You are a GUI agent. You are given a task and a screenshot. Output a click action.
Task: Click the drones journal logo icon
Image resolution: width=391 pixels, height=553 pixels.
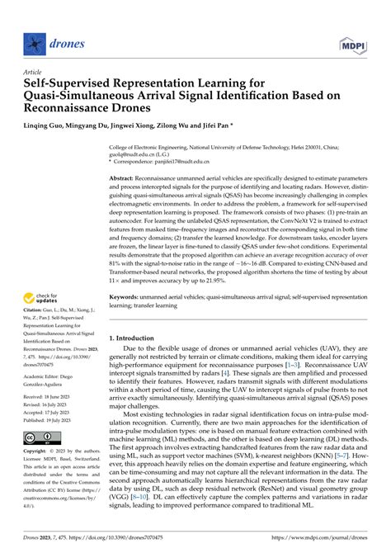[x=32, y=39]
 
